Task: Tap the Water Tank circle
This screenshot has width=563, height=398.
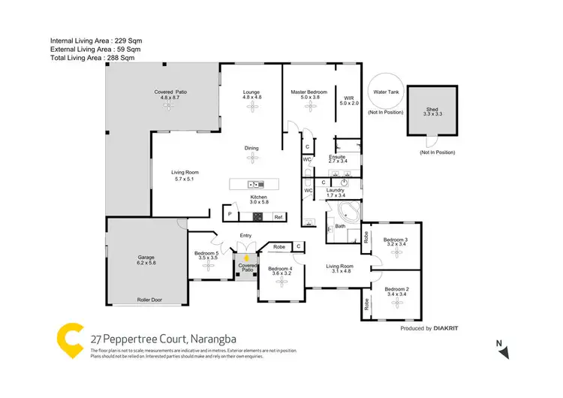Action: (x=385, y=91)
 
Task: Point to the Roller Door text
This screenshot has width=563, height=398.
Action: (x=149, y=300)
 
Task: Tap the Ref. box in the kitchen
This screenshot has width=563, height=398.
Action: (x=278, y=217)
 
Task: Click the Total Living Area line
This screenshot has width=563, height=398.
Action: (x=92, y=57)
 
